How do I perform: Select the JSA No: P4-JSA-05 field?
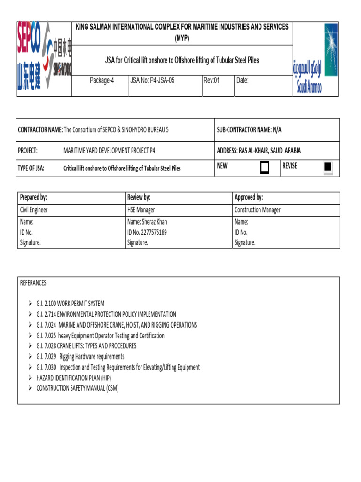tap(152, 80)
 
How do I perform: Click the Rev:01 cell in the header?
tap(212, 80)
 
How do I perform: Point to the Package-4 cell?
tap(102, 80)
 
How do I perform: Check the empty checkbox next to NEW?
tap(265, 168)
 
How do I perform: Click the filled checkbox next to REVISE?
tap(329, 167)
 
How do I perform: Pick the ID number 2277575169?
tap(147, 232)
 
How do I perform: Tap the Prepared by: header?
tap(33, 197)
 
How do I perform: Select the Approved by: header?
tap(249, 197)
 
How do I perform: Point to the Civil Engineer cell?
tap(33, 210)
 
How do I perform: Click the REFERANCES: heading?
tap(34, 283)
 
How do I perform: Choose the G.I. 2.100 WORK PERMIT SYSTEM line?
tap(70, 304)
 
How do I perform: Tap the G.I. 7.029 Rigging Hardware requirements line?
tap(80, 356)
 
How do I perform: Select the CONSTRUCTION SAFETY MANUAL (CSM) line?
tap(78, 388)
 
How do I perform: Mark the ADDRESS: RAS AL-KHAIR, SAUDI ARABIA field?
tap(259, 151)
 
